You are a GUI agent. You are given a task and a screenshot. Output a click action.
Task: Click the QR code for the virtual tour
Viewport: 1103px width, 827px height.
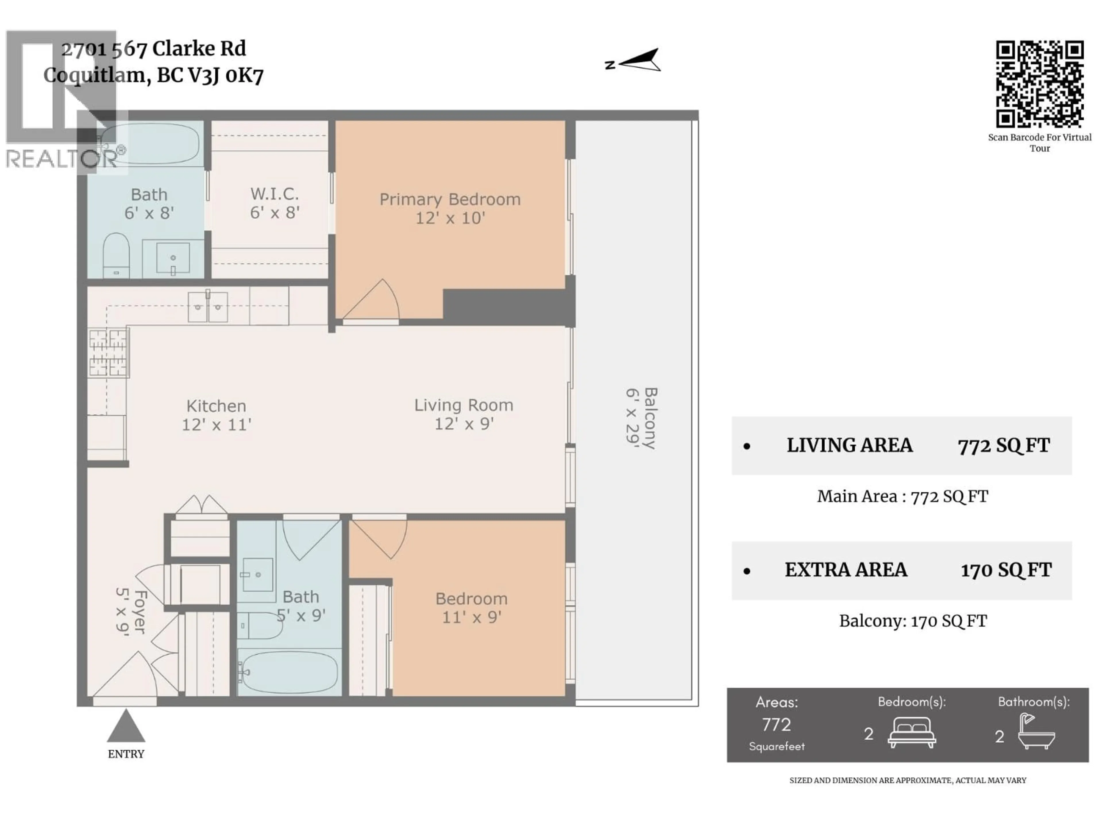tap(1040, 84)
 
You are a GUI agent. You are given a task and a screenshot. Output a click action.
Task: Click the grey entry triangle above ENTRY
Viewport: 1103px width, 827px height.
tap(126, 727)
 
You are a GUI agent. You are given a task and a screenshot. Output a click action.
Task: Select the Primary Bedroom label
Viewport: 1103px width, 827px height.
tap(450, 199)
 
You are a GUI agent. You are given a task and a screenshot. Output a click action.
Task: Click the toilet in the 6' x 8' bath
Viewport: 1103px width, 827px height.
tap(116, 255)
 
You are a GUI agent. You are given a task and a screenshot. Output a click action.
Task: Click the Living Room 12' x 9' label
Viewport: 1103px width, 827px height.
tap(464, 414)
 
